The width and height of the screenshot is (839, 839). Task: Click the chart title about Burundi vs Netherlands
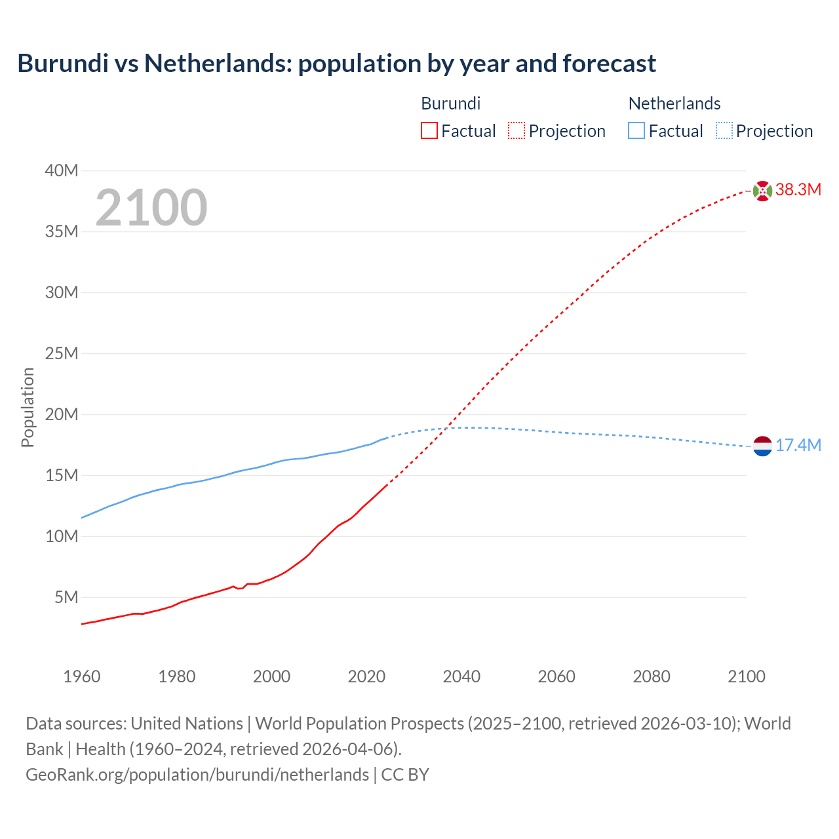tap(336, 64)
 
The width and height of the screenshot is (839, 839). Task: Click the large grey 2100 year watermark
tap(151, 208)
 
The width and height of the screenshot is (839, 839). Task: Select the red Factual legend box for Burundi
tap(429, 130)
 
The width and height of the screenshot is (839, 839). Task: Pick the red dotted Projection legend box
tap(517, 130)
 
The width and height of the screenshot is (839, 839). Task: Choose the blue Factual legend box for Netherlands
tap(636, 130)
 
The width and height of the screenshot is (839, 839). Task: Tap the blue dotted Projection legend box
tap(724, 130)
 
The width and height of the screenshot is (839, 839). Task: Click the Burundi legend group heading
tap(450, 104)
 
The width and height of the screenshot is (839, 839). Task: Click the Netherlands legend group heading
tap(674, 104)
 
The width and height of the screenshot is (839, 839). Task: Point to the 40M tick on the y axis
tap(61, 170)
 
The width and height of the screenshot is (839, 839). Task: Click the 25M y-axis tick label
tap(61, 353)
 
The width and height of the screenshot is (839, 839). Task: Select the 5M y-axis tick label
tap(66, 597)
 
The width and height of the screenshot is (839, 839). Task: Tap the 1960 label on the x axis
tap(82, 676)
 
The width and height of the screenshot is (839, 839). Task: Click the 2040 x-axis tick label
tap(461, 676)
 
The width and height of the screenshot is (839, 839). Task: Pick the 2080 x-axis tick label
tap(652, 676)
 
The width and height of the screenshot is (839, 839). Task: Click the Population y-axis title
tap(28, 407)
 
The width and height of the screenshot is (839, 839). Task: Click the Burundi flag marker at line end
tap(762, 191)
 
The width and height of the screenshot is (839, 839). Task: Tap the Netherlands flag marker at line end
tap(762, 446)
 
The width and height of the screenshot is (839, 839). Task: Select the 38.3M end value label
tap(798, 190)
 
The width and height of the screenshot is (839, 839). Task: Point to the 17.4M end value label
tap(798, 446)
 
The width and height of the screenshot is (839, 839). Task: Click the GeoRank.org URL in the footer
tap(197, 774)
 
